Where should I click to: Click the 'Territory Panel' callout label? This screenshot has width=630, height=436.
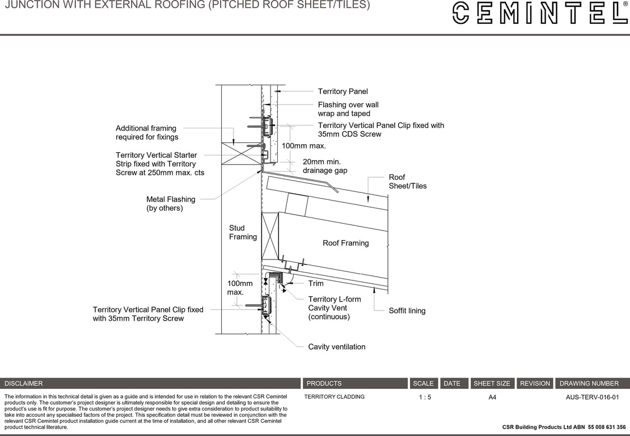343,91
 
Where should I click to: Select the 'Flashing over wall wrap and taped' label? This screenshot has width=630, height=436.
348,109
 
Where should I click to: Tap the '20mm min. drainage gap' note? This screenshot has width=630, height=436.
325,166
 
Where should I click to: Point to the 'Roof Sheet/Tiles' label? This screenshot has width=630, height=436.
407,182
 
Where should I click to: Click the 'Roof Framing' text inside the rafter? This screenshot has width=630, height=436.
345,243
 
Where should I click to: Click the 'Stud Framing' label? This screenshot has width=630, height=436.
243,232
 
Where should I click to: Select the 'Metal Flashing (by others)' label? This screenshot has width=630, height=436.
171,204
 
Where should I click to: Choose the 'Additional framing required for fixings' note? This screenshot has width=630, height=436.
146,132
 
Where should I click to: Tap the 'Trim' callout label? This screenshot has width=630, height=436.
316,283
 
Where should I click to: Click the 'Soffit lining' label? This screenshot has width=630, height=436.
407,311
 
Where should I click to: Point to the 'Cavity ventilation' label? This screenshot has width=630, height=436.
336,347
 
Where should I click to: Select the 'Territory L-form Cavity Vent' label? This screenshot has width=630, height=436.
334,308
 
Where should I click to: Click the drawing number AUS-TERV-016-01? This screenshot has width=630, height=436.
592,397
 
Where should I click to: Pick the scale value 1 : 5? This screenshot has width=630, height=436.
425,397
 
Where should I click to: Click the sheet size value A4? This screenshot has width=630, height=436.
492,397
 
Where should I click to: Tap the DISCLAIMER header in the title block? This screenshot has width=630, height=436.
24,383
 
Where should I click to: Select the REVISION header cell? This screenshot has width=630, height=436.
535,383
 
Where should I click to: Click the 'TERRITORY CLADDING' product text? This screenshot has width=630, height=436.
334,397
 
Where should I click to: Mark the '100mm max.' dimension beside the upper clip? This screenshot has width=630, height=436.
304,146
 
